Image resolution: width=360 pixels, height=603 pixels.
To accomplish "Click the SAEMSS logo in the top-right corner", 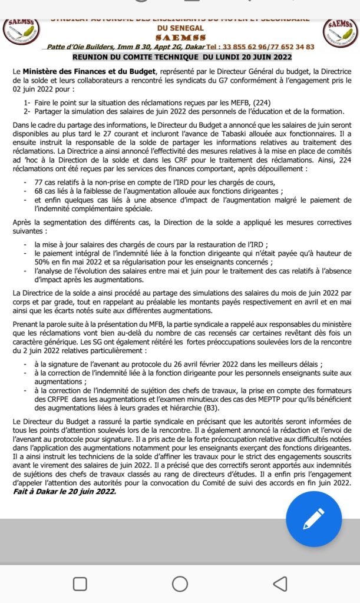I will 341,31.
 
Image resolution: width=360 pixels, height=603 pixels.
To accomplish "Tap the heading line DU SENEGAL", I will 180,27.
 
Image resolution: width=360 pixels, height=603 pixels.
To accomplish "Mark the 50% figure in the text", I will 44,261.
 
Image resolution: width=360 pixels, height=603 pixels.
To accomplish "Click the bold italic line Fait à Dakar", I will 65,491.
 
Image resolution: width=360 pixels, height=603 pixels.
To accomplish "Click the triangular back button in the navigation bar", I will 280,583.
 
